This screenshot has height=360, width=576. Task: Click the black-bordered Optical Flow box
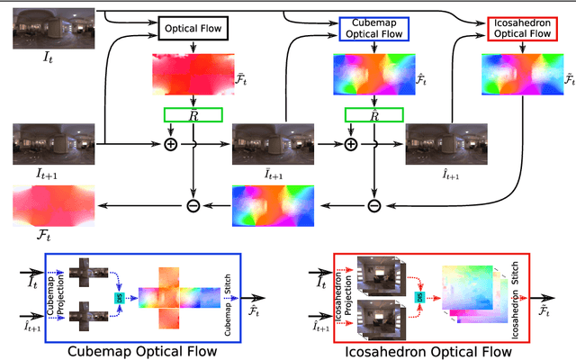tap(194, 30)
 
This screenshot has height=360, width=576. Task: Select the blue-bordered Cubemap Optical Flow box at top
tap(372, 30)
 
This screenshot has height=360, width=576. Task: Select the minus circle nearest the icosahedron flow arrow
tap(373, 205)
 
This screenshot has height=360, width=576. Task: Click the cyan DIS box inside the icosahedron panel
tap(418, 297)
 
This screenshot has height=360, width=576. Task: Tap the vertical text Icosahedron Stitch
tap(513, 298)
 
